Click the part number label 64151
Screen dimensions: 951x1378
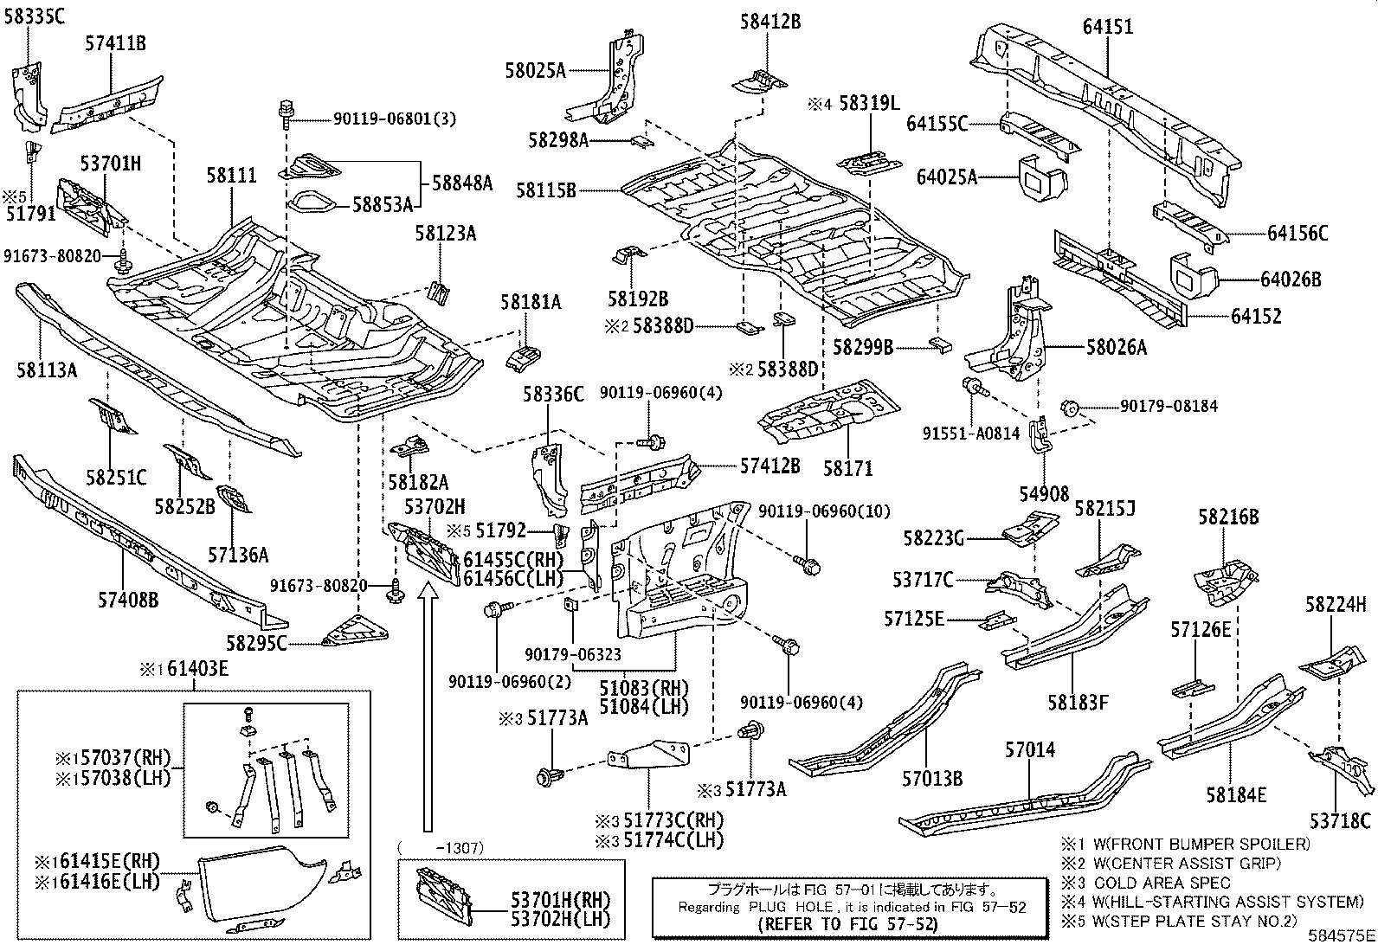coord(1107,27)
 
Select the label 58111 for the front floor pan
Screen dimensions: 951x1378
coord(231,176)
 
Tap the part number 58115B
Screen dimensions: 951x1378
coord(546,190)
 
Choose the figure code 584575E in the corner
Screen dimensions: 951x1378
coord(1341,935)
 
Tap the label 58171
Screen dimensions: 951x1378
coord(848,469)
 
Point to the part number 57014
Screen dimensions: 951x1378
coord(1030,749)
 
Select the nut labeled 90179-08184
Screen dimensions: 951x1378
coord(1068,407)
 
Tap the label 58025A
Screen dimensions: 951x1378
coord(535,71)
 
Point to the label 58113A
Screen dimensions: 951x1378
coord(47,371)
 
